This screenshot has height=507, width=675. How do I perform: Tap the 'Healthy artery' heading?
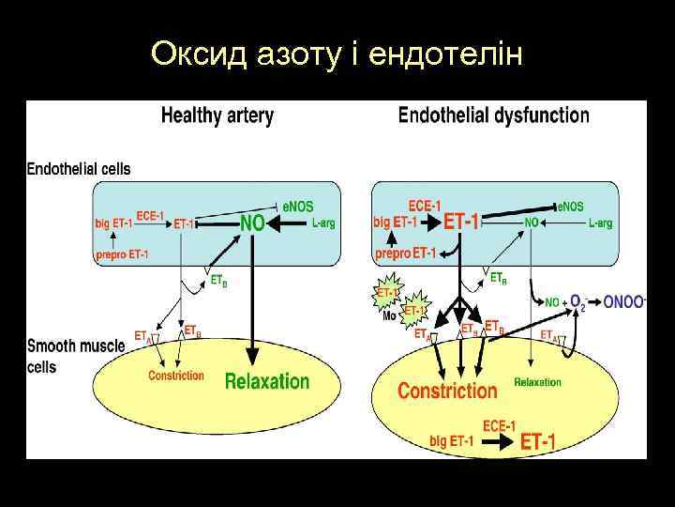pos(217,116)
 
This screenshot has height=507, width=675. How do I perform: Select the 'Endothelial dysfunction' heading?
pos(494,116)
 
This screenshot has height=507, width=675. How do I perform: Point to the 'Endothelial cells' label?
pos(79,170)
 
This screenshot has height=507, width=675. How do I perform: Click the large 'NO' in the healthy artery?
pos(252,223)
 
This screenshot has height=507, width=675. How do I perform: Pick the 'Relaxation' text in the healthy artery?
pos(266,380)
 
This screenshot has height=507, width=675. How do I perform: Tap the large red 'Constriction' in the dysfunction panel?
pos(447,390)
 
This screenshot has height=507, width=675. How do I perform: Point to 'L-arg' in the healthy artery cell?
pos(323,223)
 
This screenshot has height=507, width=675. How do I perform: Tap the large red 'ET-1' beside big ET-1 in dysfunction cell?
pos(461,223)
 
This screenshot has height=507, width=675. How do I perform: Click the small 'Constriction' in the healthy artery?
pos(175,376)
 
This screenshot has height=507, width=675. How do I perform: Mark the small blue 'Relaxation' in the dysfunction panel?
pos(537,382)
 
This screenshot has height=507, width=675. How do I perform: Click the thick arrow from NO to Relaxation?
pos(251,300)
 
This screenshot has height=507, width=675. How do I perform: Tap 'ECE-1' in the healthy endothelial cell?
pos(150,215)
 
